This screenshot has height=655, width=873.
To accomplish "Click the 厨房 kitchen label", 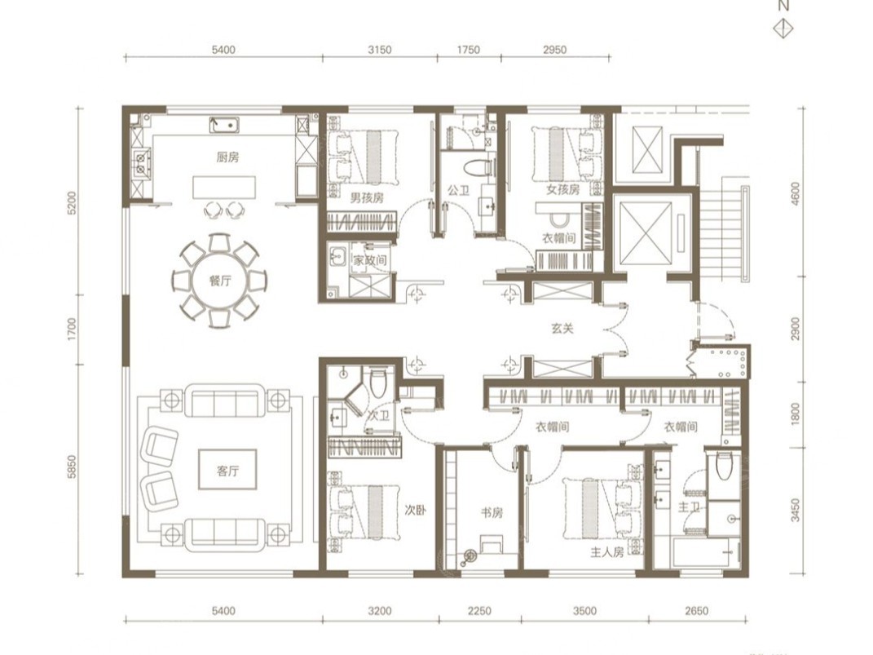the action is [227, 157].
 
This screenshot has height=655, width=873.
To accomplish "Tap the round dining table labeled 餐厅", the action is [220, 281].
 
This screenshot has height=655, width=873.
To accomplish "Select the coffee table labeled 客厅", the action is [227, 470].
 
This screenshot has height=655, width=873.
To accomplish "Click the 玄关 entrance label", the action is [562, 329].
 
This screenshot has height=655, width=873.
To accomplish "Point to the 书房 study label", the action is [492, 512].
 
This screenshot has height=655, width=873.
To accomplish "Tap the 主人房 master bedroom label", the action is [607, 552].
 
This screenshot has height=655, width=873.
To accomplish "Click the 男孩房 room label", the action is [367, 197].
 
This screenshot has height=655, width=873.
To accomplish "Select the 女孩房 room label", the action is [563, 189].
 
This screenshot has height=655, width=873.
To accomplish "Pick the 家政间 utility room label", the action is [370, 260].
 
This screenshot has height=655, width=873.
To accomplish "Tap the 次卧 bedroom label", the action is [415, 510].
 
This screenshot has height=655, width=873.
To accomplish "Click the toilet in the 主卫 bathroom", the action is [724, 466].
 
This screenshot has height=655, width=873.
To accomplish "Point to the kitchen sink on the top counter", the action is [225, 125].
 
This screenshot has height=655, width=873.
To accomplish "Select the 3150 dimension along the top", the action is [380, 50].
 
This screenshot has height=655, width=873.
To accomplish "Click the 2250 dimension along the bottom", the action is [479, 611].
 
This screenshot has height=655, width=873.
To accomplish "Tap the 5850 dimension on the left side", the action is [71, 468].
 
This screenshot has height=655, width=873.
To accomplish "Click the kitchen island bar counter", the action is [224, 188].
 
